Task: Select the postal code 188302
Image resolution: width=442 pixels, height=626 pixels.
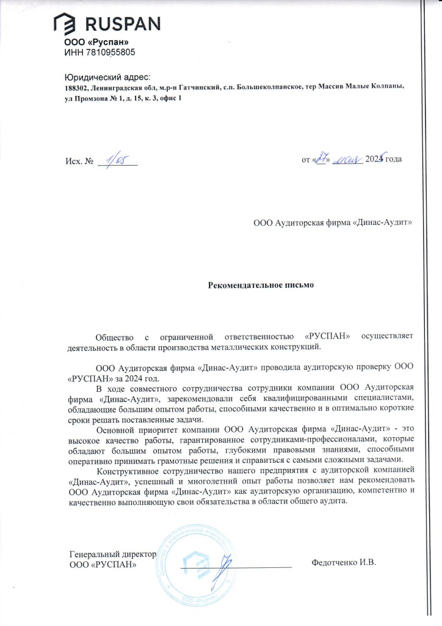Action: point(76,87)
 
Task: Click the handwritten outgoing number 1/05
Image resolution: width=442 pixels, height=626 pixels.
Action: point(116,160)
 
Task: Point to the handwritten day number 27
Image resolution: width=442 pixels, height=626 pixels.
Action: point(321,159)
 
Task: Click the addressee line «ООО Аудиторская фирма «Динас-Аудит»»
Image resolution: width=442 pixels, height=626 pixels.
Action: point(333,223)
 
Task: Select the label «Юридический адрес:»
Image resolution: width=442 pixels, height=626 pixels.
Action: point(111,77)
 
